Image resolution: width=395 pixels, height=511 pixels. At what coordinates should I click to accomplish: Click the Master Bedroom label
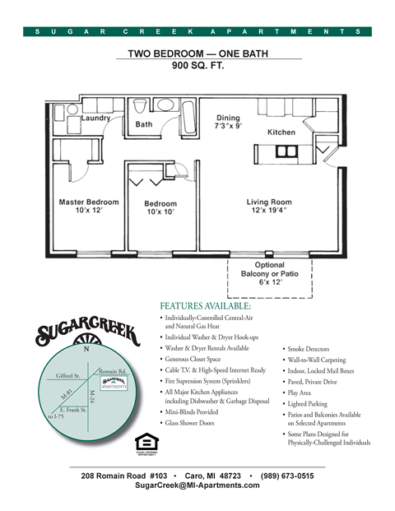88,202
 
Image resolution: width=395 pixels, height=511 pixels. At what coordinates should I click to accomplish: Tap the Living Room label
269,202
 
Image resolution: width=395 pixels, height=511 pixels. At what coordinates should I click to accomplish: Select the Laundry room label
96,118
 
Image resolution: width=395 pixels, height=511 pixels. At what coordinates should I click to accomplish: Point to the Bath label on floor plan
144,124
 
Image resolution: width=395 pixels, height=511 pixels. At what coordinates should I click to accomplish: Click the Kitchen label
281,132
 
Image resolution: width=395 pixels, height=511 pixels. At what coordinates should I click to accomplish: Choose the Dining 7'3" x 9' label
228,123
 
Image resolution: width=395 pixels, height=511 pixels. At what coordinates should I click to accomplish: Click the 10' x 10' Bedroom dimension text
160,212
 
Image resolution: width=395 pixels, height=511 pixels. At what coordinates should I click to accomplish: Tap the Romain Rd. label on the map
111,371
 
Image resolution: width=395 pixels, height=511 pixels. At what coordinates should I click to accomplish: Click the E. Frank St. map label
73,409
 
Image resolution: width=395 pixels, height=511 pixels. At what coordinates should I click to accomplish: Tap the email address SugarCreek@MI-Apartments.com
197,485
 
